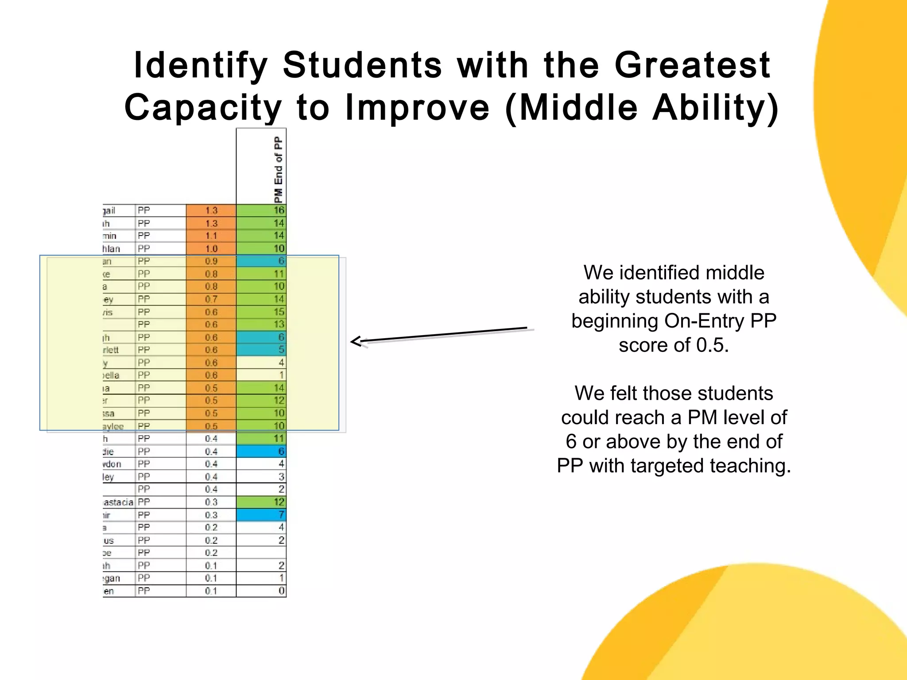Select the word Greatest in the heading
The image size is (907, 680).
[693, 66]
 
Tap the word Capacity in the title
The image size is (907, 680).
[203, 108]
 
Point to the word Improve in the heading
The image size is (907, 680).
[417, 108]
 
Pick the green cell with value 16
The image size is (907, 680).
[261, 210]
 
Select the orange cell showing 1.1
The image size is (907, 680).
[211, 236]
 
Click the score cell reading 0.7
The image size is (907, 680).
[211, 299]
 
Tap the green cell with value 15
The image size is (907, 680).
[261, 312]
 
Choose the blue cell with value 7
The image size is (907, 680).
[261, 515]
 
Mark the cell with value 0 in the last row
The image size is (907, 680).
[261, 591]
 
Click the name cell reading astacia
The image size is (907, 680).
[118, 502]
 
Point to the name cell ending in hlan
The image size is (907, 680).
[112, 249]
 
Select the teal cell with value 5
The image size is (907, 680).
[261, 350]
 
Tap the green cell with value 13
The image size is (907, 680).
[261, 325]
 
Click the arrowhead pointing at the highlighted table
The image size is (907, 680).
[356, 341]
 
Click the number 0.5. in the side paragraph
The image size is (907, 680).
[712, 345]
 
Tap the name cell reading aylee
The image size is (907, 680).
[113, 426]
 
